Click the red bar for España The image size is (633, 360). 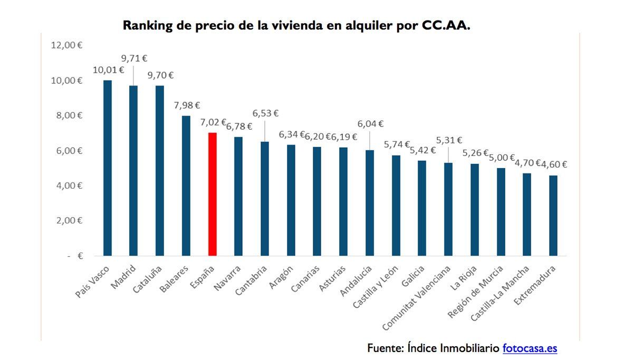click(x=213, y=194)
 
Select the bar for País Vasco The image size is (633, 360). click(x=108, y=168)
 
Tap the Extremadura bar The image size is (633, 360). click(x=553, y=216)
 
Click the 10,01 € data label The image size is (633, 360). click(x=108, y=70)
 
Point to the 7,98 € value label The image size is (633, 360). click(x=187, y=105)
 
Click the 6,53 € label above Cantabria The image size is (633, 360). click(x=265, y=113)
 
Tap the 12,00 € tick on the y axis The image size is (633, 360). click(x=66, y=45)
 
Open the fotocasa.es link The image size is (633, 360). click(x=530, y=348)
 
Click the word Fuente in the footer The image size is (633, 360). click(x=386, y=348)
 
